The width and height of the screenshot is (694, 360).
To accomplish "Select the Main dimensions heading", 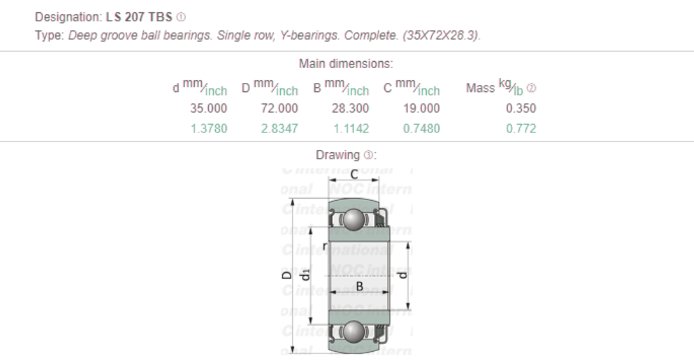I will point(346,64).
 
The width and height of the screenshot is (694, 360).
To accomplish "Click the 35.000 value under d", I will point(208,109).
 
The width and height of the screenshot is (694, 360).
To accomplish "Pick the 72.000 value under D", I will point(279,109).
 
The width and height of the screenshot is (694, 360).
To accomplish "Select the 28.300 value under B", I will point(350,109).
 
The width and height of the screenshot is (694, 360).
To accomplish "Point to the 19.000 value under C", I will point(421,109).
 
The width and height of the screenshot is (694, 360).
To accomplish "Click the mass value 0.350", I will point(520,109).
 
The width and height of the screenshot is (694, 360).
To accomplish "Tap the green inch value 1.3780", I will point(208,129).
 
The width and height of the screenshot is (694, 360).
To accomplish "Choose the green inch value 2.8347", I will point(279,129).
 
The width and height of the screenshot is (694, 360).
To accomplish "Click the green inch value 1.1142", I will point(350,129).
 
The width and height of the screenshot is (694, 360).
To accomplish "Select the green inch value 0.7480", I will point(421,129).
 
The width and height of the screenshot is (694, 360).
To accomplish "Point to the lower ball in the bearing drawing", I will point(352,332).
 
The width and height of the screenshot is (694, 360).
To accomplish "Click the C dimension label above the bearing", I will point(354,174).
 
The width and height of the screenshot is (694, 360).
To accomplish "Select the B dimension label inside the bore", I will point(359,285).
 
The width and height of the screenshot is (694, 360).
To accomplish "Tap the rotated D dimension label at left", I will point(286,274).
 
